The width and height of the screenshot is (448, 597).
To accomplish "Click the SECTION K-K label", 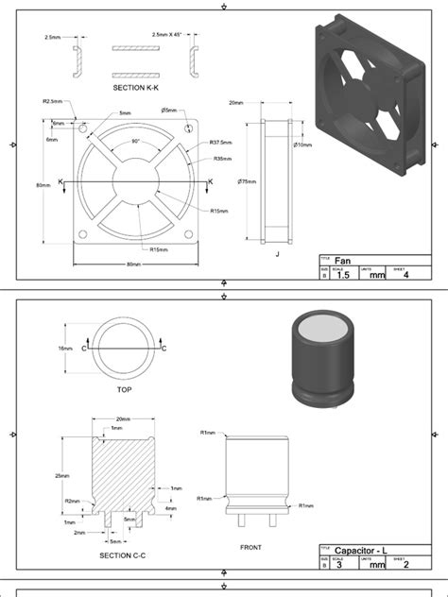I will click(136, 87).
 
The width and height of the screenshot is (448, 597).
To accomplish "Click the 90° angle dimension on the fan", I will click(135, 141).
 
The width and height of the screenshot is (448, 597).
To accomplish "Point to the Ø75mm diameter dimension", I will click(249, 181).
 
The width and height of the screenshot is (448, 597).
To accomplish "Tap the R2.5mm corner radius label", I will click(53, 101).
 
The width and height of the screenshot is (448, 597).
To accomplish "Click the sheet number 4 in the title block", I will click(405, 275).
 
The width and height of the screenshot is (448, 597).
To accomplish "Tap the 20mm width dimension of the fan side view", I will click(236, 103).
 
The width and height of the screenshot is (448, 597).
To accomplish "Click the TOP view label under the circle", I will click(124, 388).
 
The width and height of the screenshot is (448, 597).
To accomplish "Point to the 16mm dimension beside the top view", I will click(64, 348).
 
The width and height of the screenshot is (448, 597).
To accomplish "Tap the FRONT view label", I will click(250, 547).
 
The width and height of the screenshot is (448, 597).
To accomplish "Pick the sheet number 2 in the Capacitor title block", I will click(405, 564).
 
